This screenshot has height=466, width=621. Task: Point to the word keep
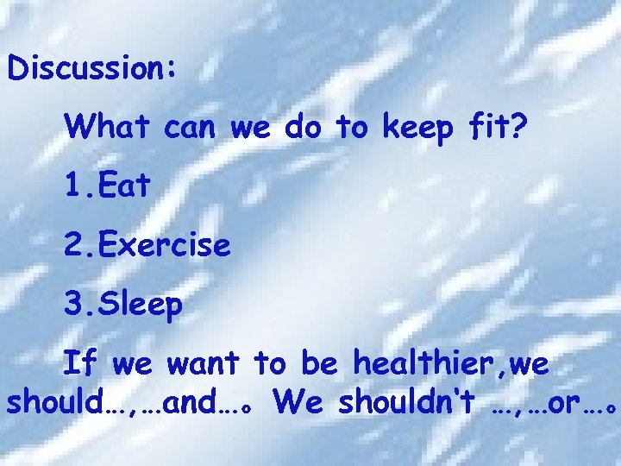point(417,129)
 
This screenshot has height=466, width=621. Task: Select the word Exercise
point(164,246)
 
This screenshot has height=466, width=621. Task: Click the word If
point(81,365)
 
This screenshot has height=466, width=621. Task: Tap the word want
point(202,365)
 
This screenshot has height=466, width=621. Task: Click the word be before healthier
point(319,365)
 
